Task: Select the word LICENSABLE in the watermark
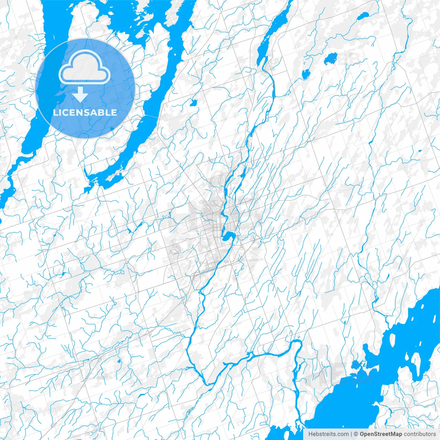[x=85, y=112]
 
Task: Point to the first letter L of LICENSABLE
[x=55, y=112]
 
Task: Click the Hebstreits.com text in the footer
[x=328, y=434]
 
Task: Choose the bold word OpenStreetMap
[x=381, y=434]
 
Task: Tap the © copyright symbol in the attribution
[x=356, y=434]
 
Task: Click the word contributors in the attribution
[x=420, y=434]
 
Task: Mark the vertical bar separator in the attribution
[x=351, y=434]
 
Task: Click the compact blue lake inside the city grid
[x=227, y=236]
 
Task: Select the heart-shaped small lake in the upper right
[x=330, y=59]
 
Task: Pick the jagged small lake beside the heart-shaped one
[x=305, y=73]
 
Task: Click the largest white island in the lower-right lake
[x=417, y=361]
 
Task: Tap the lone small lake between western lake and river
[x=193, y=102]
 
